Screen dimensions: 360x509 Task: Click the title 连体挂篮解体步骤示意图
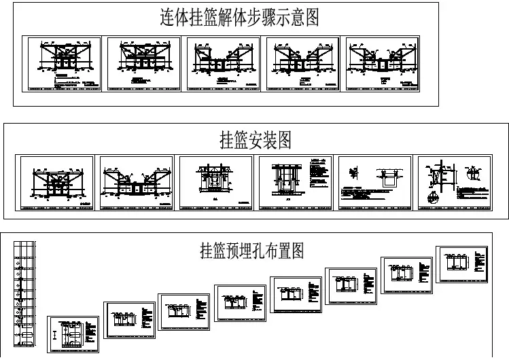[x=239, y=18]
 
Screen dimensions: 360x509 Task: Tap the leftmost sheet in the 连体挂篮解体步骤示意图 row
[x=62, y=64]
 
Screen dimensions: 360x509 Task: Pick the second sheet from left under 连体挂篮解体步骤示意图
[x=143, y=64]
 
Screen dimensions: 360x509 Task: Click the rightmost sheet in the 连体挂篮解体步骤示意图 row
[x=383, y=64]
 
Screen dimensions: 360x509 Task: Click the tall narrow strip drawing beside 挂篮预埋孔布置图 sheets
[x=22, y=295]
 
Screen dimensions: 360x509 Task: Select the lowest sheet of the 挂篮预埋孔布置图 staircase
[x=73, y=334]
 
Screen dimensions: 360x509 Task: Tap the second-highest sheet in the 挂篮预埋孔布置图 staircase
[x=407, y=274]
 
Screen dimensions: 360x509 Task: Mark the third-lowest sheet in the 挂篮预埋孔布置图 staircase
[x=184, y=311]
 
